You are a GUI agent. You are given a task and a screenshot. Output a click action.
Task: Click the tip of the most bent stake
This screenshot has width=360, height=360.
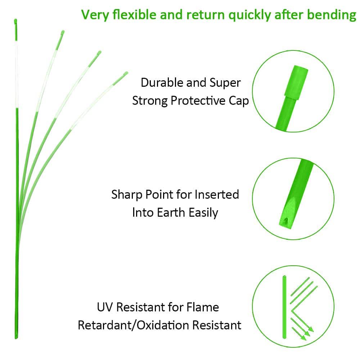pyautogui.click(x=126, y=73)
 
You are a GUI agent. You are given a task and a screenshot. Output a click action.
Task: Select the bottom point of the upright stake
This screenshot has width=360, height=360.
pyautogui.click(x=16, y=337)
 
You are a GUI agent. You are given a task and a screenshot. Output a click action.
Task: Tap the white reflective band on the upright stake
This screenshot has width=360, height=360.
pyautogui.click(x=16, y=79)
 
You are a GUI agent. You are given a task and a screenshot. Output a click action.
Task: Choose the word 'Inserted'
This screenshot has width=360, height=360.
pyautogui.click(x=217, y=195)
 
